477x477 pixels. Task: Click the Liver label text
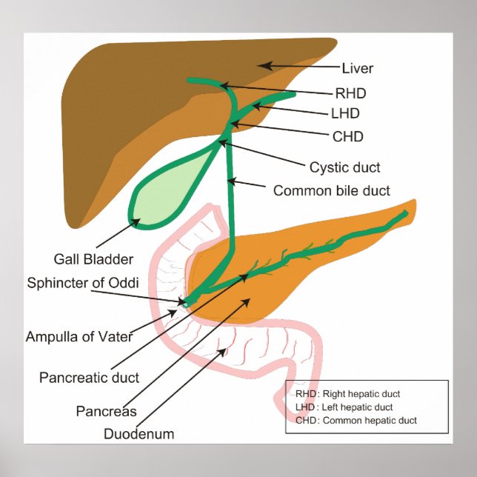point(358,69)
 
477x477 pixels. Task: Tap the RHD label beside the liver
point(351,93)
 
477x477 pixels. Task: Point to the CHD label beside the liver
point(348,136)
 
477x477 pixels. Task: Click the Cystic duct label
point(345,167)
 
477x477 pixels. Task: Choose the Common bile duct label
point(332,190)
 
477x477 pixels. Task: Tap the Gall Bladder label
point(93,259)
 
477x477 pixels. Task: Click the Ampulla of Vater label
point(79,336)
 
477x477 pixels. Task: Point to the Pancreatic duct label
point(89,377)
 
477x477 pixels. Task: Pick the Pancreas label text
point(106,411)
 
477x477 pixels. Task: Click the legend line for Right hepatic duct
point(347,394)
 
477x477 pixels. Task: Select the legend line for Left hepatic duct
point(344,407)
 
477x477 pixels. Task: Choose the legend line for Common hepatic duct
point(356,420)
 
